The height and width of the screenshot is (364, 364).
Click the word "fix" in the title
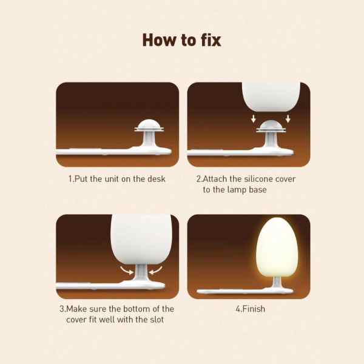click(x=211, y=40)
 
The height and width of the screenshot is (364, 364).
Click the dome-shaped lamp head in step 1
click(x=149, y=126)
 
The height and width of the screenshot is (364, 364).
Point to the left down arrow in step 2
click(x=254, y=119)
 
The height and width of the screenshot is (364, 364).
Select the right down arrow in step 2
click(x=288, y=119)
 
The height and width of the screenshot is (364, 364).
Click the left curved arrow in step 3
click(x=127, y=270)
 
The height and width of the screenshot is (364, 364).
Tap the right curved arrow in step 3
click(x=155, y=270)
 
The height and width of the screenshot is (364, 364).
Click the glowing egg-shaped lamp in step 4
click(x=277, y=248)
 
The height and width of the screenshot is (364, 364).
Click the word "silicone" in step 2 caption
click(x=258, y=179)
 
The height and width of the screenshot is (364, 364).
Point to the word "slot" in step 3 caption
click(x=157, y=320)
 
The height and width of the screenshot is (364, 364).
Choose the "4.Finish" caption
click(x=250, y=309)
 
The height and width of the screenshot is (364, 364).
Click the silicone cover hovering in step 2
click(x=271, y=97)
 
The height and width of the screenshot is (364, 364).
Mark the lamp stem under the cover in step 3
click(x=141, y=272)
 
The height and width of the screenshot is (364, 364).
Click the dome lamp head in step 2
click(x=271, y=126)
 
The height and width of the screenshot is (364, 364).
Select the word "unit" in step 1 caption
click(x=112, y=179)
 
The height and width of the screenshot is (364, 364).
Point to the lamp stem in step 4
click(x=277, y=282)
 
